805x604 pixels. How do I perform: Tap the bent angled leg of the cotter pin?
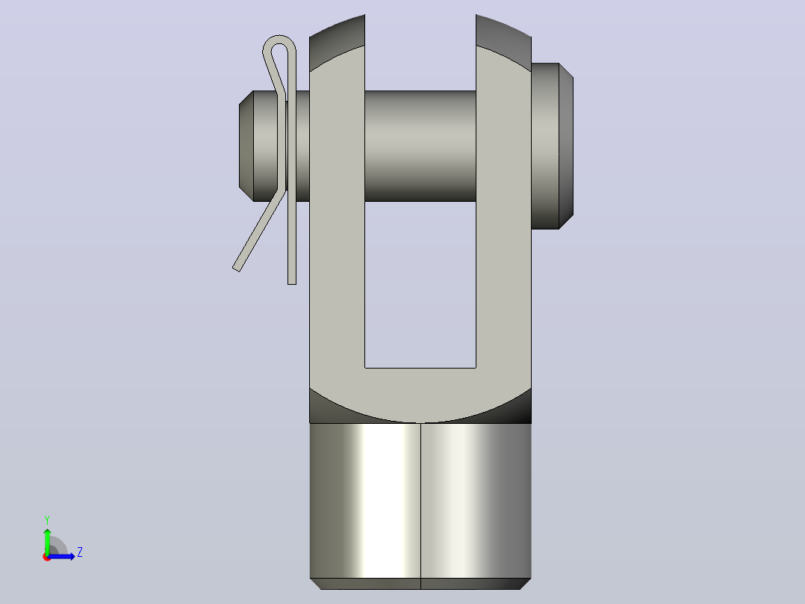click(x=259, y=230)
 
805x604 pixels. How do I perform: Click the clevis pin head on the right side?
click(x=552, y=146)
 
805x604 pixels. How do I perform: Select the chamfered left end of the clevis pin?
click(x=246, y=146)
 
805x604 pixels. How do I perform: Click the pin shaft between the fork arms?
click(x=420, y=146)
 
